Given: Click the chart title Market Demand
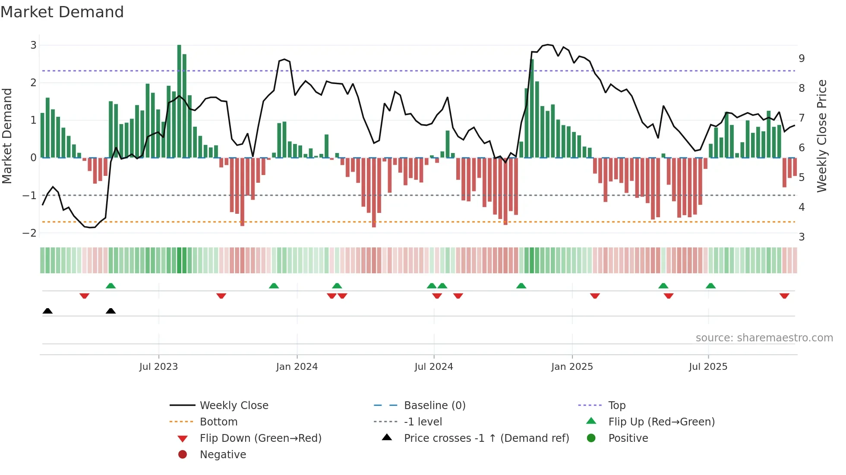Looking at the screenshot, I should click(62, 12).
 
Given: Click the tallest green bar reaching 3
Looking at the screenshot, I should click(179, 101).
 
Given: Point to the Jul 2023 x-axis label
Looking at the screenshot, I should click(158, 367).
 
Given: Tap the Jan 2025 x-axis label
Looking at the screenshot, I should click(572, 367).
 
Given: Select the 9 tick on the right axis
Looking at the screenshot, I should click(802, 58).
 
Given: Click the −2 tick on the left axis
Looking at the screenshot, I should click(29, 233).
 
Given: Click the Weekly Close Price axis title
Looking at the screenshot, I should click(822, 136).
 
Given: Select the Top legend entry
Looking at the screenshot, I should click(617, 406).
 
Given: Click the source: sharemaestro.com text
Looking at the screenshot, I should click(764, 338).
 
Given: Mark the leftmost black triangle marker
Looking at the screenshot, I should click(47, 311).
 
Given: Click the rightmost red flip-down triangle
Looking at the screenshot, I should click(784, 296).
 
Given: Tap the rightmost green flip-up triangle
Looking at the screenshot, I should click(710, 286).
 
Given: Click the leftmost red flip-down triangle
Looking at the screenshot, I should click(85, 296).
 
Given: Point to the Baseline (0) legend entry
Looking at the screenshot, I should click(434, 406).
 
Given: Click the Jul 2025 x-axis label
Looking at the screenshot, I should click(708, 367).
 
